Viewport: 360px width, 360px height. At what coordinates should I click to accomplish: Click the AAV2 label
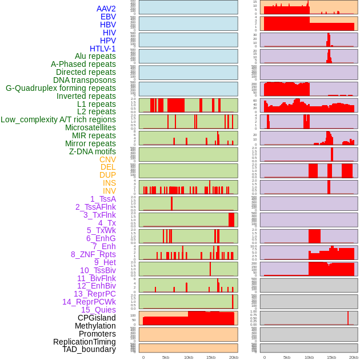click(x=106, y=9)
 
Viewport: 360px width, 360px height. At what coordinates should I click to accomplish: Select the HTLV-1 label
click(x=102, y=49)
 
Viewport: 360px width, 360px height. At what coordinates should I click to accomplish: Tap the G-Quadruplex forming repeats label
click(x=61, y=88)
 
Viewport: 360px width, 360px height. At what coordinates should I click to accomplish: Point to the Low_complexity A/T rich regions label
click(x=58, y=119)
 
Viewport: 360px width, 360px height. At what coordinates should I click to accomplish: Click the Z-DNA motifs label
click(x=92, y=151)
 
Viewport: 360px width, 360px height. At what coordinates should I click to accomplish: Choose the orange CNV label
click(x=107, y=159)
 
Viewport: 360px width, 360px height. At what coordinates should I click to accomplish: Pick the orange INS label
click(x=109, y=183)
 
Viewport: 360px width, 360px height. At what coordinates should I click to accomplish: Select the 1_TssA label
click(x=103, y=199)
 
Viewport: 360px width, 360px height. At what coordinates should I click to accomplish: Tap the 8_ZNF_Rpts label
click(x=93, y=254)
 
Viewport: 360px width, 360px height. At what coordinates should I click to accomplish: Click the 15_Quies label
click(x=98, y=310)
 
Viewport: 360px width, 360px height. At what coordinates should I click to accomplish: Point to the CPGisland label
click(x=97, y=318)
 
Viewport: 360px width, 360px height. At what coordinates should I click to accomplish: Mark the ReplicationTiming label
click(x=84, y=342)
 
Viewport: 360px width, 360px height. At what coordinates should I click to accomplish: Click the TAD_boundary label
click(x=89, y=349)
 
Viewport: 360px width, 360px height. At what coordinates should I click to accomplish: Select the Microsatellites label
click(x=90, y=127)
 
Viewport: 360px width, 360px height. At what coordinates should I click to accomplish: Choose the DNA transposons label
click(x=84, y=80)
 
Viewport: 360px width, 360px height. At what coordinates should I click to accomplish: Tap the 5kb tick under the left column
click(x=166, y=357)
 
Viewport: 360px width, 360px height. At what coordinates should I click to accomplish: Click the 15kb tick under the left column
click(x=211, y=357)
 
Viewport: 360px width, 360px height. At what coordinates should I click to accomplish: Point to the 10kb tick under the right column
click(x=309, y=357)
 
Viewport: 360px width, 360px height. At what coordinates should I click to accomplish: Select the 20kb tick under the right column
click(x=354, y=357)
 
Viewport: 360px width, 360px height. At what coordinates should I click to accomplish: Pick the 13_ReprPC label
click(x=94, y=294)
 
